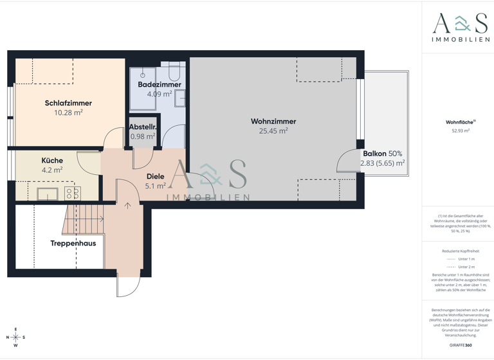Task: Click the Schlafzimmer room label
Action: [x=68, y=103]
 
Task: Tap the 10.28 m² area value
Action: [x=68, y=113]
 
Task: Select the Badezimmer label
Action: [x=160, y=84]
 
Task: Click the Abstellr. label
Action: [x=143, y=127]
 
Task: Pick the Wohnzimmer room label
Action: [x=273, y=121]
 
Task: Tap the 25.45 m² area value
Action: [x=273, y=130]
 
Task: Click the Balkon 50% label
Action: [x=382, y=154]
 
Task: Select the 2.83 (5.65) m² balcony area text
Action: [x=382, y=163]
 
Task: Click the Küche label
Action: [x=52, y=160]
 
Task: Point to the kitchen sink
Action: [x=48, y=194]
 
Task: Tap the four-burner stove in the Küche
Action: [x=72, y=194]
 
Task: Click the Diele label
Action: [x=155, y=176]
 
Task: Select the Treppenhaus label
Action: [x=73, y=244]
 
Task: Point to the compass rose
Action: [x=16, y=337]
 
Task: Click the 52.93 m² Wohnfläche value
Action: [x=461, y=130]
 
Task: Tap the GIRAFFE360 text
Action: [x=461, y=346]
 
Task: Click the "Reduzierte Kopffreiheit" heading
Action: [x=461, y=251]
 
